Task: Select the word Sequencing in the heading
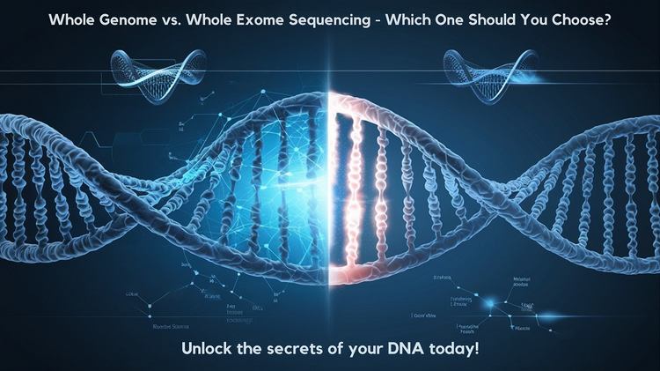tap(361, 18)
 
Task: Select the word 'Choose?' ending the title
tap(621, 18)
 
